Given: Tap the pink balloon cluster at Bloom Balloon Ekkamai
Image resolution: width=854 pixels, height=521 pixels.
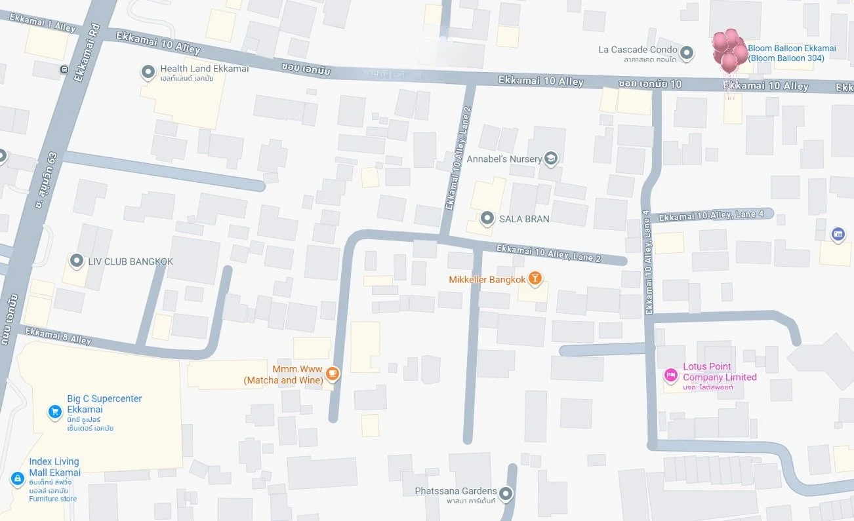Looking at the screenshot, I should pyautogui.click(x=729, y=51).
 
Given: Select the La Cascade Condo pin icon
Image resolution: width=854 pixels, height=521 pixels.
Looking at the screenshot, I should pyautogui.click(x=686, y=52).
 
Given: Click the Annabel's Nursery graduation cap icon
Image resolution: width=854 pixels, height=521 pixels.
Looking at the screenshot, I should pyautogui.click(x=551, y=158).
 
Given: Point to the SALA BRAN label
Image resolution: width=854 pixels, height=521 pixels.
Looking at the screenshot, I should pyautogui.click(x=524, y=218).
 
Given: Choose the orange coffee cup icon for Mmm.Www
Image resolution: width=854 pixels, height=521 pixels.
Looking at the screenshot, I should pyautogui.click(x=333, y=374).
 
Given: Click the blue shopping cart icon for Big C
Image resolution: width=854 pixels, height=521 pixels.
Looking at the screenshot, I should pyautogui.click(x=55, y=412).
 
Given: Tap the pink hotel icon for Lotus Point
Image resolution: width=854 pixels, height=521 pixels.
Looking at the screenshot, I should pyautogui.click(x=670, y=375).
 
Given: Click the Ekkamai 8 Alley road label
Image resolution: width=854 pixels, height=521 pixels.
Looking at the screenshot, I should pyautogui.click(x=58, y=336).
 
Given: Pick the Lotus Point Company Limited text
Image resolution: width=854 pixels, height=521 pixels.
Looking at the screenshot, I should pyautogui.click(x=719, y=372).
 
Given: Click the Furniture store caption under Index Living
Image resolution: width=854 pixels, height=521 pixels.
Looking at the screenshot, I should pyautogui.click(x=52, y=499).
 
